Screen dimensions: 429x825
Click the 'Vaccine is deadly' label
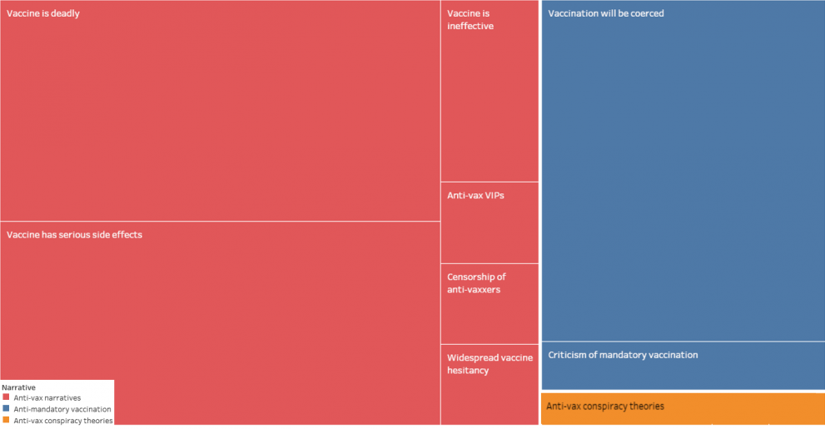click(x=43, y=13)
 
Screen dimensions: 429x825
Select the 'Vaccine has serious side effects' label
click(x=74, y=235)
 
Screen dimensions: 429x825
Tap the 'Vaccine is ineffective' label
click(x=470, y=20)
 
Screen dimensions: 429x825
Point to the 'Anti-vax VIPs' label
click(x=475, y=195)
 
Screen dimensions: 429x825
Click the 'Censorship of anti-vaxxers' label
click(x=476, y=283)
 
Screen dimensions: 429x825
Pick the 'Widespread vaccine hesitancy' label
click(x=490, y=364)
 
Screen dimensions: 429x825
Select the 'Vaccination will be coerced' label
click(x=606, y=13)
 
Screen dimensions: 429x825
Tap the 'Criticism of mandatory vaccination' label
click(x=623, y=355)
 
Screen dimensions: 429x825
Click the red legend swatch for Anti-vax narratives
click(x=6, y=398)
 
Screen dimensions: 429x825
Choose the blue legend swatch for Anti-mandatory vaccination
click(x=6, y=409)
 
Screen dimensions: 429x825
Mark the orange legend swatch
click(x=6, y=420)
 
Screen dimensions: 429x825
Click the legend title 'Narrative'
click(x=18, y=387)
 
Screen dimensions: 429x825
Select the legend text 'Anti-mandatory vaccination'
click(x=62, y=409)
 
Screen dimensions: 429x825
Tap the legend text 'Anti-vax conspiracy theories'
click(x=63, y=420)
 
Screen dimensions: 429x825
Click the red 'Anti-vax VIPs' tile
click(x=490, y=233)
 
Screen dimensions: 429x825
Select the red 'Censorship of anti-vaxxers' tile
click(x=490, y=321)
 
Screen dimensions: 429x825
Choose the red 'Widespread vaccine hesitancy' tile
click(x=490, y=400)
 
